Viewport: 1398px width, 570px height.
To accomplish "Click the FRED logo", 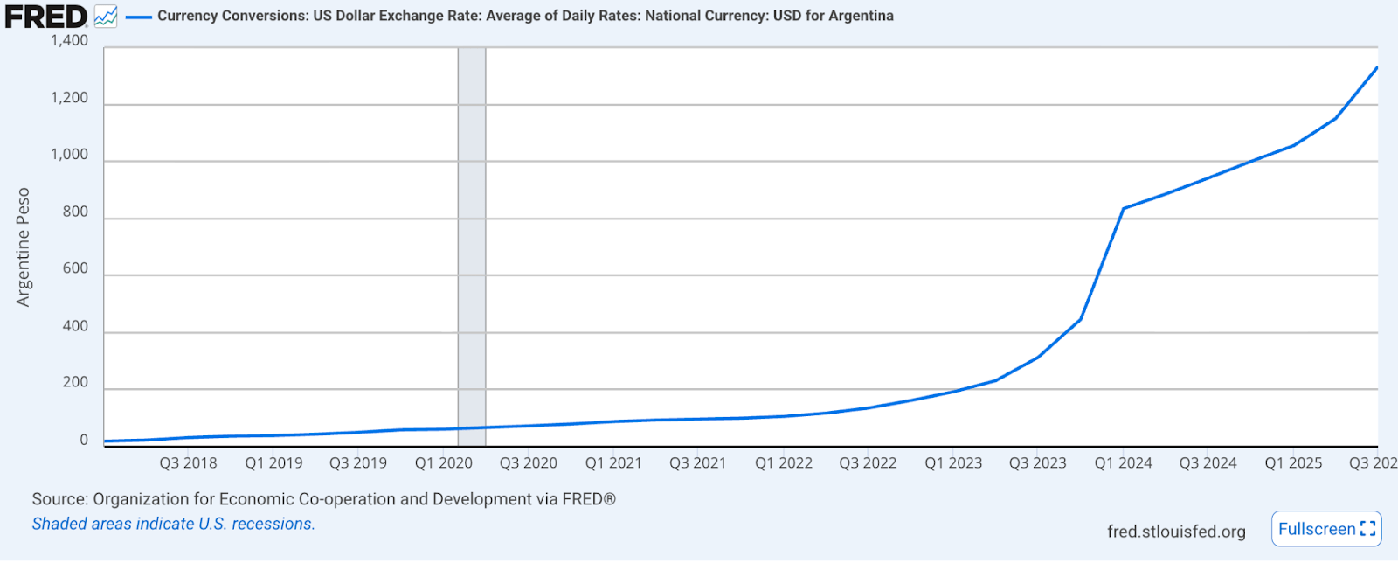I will [45, 17].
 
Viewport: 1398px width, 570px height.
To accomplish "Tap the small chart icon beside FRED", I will [106, 17].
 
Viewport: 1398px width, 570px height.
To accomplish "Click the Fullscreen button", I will [1325, 529].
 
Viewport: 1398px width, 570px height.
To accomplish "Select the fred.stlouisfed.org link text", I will [1176, 532].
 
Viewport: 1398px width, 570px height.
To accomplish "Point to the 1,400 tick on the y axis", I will [69, 40].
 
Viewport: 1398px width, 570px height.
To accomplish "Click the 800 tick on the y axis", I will [75, 212].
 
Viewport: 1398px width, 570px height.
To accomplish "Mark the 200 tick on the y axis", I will [75, 382].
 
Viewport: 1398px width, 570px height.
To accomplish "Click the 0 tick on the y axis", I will [84, 440].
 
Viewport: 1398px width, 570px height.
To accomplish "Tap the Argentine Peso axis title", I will [24, 247].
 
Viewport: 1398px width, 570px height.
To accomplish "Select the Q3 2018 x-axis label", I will [188, 463].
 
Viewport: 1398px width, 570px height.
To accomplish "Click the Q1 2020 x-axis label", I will [443, 463].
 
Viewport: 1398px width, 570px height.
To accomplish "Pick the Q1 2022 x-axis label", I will [784, 463].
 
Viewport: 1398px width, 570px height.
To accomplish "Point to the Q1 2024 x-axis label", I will [1123, 463].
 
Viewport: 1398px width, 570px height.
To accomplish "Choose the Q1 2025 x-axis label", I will [1293, 463].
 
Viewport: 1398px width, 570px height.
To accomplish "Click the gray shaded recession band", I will [472, 245].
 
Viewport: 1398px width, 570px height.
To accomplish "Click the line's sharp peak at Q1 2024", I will [1124, 208].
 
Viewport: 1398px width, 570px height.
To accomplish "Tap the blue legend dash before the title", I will [139, 17].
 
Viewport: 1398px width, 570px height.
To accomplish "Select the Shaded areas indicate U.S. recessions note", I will [173, 524].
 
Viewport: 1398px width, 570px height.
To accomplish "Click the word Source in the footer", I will [59, 499].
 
